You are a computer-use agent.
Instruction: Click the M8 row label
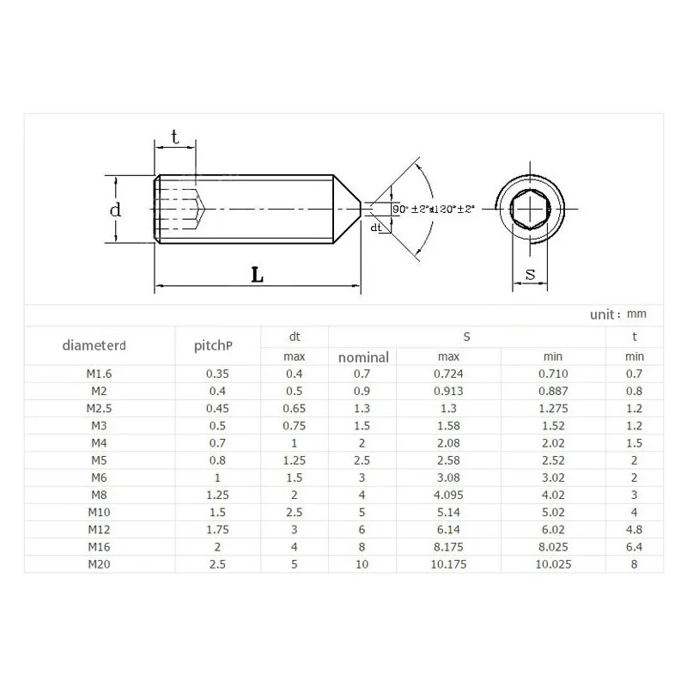(99, 495)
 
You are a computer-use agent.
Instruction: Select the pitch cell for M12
(218, 530)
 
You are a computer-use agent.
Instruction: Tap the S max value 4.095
(448, 495)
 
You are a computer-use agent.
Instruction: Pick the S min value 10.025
(553, 564)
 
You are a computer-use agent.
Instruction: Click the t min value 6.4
(634, 547)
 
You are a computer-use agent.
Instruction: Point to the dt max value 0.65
(294, 409)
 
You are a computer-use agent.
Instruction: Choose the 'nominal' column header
(363, 357)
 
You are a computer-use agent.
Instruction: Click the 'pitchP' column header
(213, 346)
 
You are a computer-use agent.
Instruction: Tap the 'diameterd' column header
(94, 346)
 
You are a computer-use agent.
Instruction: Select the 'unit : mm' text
(617, 314)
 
